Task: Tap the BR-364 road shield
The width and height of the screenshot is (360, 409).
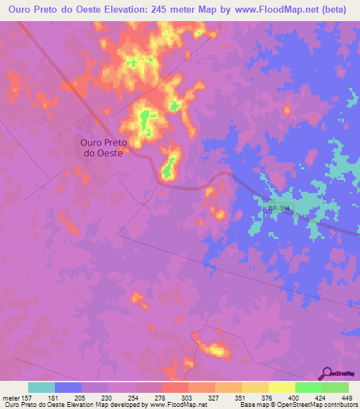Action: click(x=279, y=208)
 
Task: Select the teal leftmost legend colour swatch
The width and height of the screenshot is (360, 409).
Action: click(x=41, y=387)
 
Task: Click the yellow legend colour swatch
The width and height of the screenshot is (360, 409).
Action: click(x=281, y=387)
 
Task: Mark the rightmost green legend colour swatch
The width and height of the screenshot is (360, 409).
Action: click(x=335, y=387)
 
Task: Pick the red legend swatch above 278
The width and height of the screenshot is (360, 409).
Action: click(x=174, y=387)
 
